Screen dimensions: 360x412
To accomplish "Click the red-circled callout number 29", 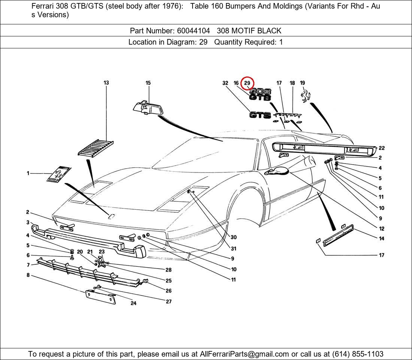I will [247, 83].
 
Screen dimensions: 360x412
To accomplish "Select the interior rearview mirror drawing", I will [148, 108].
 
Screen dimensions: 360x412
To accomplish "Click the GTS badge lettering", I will [260, 115].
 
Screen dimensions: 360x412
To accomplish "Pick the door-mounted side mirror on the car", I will [278, 171].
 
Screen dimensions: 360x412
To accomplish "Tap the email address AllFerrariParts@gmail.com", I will [245, 354].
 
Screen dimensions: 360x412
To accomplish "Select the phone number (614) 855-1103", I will [357, 354].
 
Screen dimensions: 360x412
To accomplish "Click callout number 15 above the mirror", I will [148, 83].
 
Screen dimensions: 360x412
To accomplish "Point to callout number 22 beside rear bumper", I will [381, 148].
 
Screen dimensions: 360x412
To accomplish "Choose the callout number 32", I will [225, 83].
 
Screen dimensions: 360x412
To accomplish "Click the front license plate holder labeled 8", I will [100, 297].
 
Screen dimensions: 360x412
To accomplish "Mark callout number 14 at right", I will [381, 238].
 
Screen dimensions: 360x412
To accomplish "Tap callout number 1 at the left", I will [28, 173].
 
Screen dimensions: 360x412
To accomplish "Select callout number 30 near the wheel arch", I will [233, 237].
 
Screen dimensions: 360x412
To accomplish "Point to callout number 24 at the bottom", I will [133, 303].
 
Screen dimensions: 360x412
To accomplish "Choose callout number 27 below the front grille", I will [169, 301].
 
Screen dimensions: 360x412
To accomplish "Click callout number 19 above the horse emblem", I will [302, 83].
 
